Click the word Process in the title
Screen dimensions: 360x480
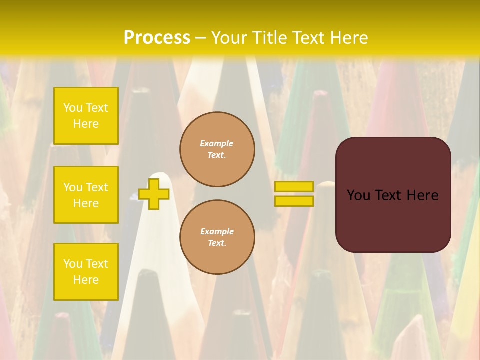(157, 38)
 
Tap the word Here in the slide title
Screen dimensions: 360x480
(349, 38)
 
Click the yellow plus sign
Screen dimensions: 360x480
(154, 194)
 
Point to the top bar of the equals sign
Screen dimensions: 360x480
(294, 187)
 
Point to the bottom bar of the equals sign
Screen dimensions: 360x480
(294, 201)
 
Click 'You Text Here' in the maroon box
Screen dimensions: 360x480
(393, 195)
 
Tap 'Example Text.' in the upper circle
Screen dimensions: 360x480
(217, 149)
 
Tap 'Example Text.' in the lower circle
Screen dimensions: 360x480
(217, 237)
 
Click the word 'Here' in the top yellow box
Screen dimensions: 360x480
(86, 124)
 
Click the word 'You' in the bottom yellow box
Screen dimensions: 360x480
(73, 264)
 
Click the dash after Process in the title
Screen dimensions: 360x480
(200, 38)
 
